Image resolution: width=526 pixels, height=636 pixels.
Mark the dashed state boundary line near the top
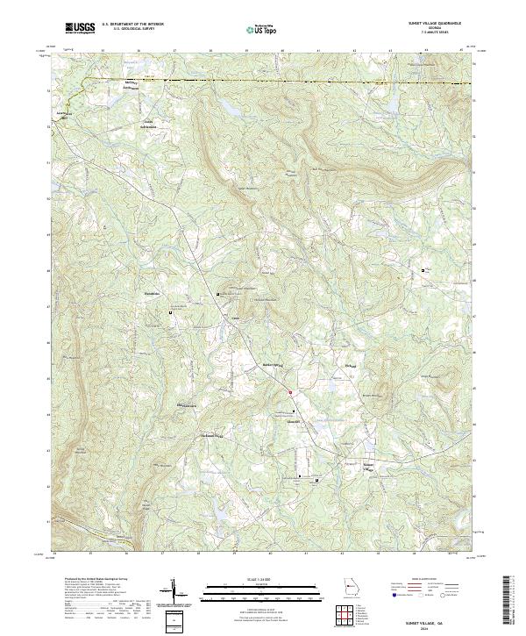click(263, 82)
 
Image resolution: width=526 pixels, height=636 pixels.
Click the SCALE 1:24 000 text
click(259, 580)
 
